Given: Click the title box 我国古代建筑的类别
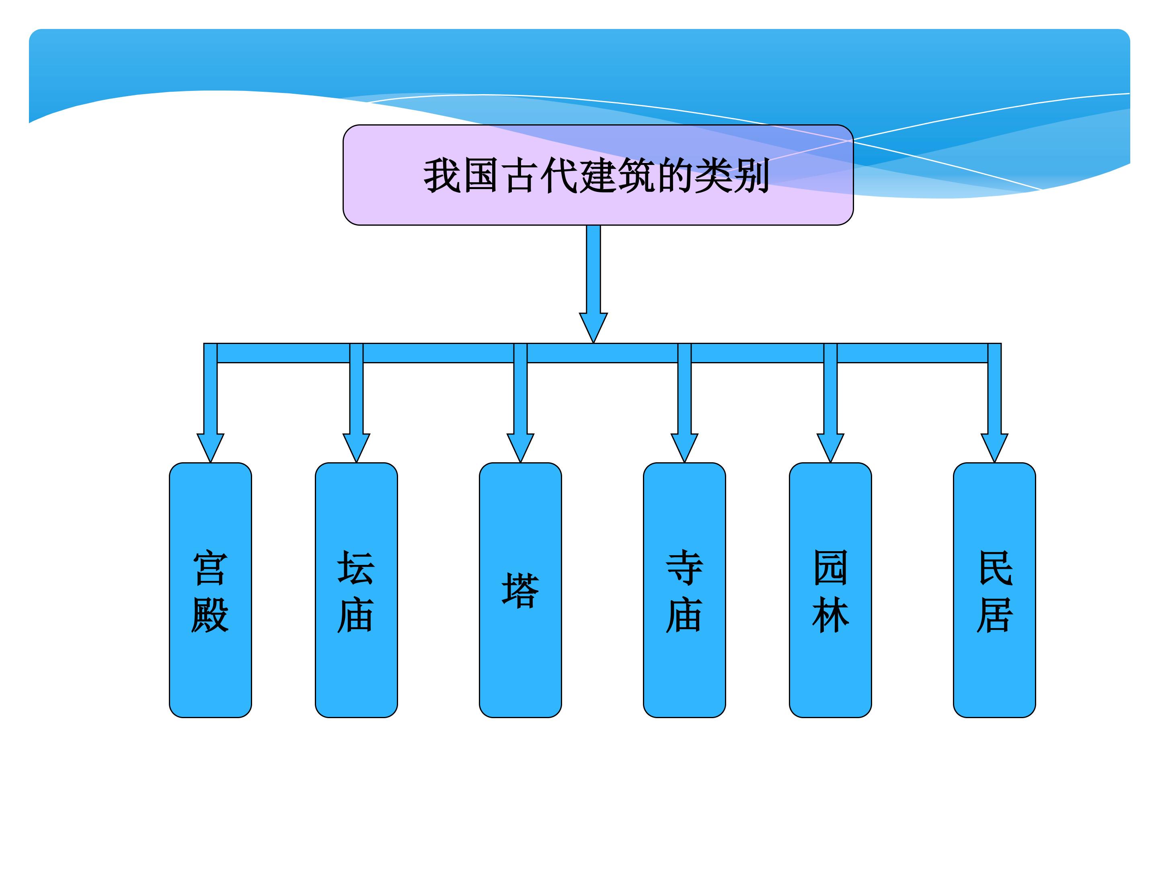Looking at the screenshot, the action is click(598, 175).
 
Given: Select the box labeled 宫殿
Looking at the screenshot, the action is click(210, 590).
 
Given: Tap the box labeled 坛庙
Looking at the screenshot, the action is click(356, 590).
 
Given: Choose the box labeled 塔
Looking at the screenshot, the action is click(520, 590).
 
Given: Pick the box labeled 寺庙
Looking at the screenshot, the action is click(684, 590).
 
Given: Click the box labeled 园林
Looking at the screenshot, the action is click(830, 590).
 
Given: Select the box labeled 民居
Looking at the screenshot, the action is click(994, 590).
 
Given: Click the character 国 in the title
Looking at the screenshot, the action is click(480, 175).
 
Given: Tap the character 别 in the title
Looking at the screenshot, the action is click(752, 175).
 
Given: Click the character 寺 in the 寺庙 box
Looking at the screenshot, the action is click(684, 567).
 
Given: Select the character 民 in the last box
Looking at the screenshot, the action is click(995, 567).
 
